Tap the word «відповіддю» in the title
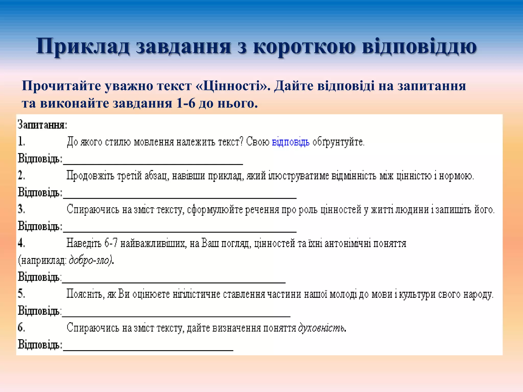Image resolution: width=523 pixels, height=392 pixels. (x=419, y=46)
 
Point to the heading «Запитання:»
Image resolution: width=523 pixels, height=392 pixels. (x=42, y=125)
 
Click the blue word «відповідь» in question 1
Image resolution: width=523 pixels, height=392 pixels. (x=291, y=142)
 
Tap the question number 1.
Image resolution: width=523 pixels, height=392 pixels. (x=21, y=141)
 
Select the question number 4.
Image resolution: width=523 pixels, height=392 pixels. (x=21, y=243)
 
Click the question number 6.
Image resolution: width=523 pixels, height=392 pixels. (x=21, y=327)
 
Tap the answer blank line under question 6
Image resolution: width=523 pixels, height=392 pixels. (x=148, y=350)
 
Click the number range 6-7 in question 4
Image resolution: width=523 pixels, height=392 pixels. (x=111, y=243)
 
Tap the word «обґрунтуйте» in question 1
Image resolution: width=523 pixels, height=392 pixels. (x=338, y=142)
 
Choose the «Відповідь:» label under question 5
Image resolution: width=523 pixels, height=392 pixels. (x=40, y=311)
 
